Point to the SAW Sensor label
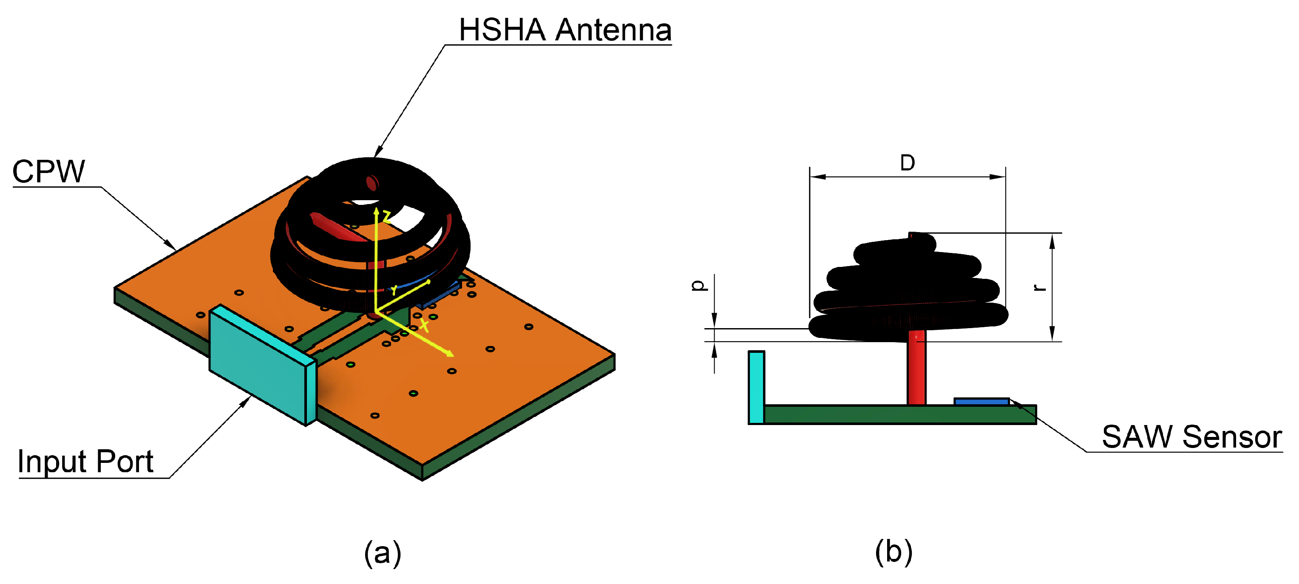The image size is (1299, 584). (1191, 437)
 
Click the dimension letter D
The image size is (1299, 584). (907, 163)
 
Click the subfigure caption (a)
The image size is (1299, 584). (383, 553)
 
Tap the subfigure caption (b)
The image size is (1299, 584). (893, 552)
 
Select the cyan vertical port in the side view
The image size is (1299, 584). (756, 387)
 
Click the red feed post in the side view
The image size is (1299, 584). (916, 368)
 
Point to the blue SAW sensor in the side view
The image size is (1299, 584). (981, 401)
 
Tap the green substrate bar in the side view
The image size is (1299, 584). (898, 414)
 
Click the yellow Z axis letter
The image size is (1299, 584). (387, 217)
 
